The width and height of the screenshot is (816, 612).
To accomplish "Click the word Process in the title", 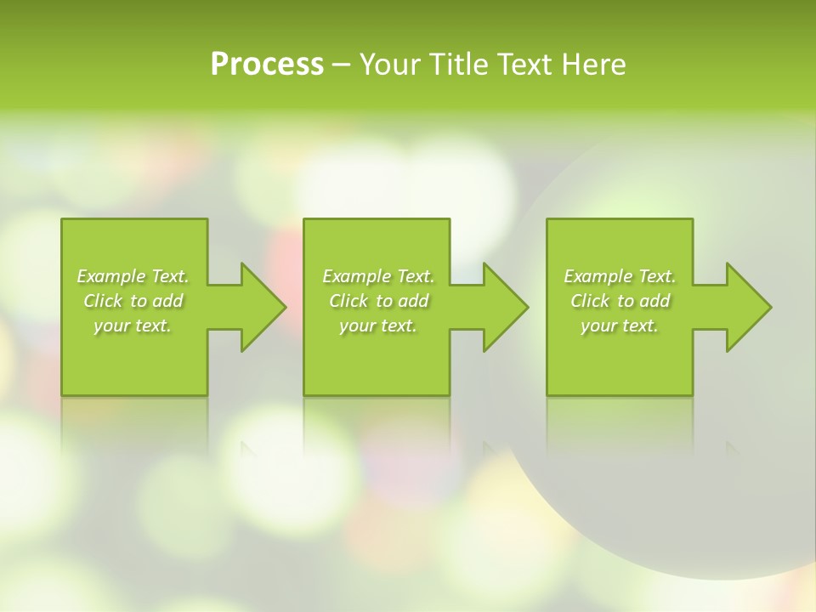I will coord(267,65).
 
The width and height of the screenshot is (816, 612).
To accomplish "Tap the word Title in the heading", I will coord(462,65).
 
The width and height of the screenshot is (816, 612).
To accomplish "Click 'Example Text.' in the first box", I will coord(133,276).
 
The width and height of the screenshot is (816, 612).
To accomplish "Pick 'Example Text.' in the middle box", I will coord(378,276).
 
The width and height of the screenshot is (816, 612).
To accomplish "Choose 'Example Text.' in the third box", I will coord(620,276).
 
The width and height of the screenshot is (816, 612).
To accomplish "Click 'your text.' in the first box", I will coord(133,326).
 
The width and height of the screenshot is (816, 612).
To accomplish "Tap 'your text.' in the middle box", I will coord(378,326).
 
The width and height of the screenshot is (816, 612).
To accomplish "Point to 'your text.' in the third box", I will coord(620,326).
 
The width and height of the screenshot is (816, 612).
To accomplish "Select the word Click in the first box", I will coord(103,301).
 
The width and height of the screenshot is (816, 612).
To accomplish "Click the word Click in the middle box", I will coord(348,301).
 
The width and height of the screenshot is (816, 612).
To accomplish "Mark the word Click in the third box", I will coord(590,301).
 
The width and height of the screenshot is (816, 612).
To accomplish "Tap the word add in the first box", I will coord(168,301).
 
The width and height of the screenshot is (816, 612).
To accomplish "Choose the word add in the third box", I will coord(655,301).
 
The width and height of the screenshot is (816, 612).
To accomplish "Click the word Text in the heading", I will coord(527,65).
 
